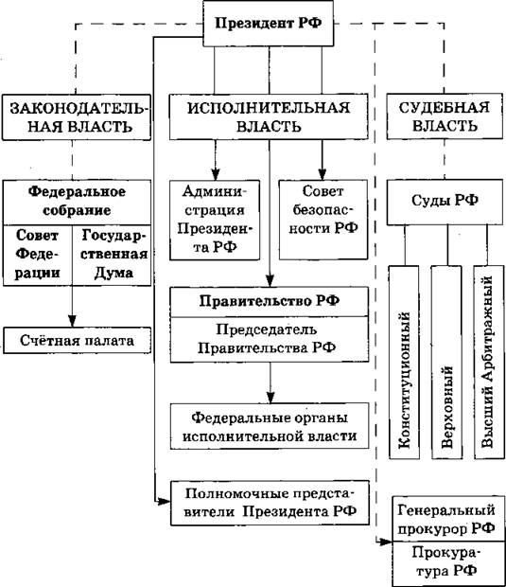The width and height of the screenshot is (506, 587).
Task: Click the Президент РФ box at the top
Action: [x=269, y=24]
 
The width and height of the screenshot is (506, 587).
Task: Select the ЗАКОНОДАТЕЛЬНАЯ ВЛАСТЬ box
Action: [x=77, y=117]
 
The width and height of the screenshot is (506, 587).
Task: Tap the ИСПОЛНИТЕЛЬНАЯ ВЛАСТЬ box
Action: [x=269, y=116]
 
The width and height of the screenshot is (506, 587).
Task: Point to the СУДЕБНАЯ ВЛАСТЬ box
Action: [x=445, y=116]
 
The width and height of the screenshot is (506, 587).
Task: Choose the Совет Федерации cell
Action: [x=38, y=256]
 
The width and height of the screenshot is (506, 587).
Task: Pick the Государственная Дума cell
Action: [x=112, y=256]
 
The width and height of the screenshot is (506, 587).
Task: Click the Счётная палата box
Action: [x=77, y=340]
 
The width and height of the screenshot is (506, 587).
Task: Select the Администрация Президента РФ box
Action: [x=215, y=220]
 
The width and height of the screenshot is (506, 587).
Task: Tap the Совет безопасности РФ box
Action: [x=323, y=220]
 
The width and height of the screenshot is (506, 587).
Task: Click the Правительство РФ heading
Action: [x=270, y=302]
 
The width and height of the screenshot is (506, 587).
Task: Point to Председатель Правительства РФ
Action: [x=270, y=339]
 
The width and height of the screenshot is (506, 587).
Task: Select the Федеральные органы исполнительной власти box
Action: [x=270, y=426]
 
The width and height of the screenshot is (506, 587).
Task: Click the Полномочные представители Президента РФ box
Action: [x=270, y=503]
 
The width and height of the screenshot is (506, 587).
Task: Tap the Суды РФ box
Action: [x=445, y=203]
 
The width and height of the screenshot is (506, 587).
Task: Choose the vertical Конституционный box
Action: [x=404, y=362]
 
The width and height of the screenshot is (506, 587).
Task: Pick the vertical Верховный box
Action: [x=447, y=362]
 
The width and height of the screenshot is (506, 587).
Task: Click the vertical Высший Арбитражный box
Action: [x=489, y=362]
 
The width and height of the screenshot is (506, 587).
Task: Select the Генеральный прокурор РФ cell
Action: [x=448, y=519]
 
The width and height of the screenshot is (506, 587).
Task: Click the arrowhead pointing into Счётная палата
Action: [x=72, y=321]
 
